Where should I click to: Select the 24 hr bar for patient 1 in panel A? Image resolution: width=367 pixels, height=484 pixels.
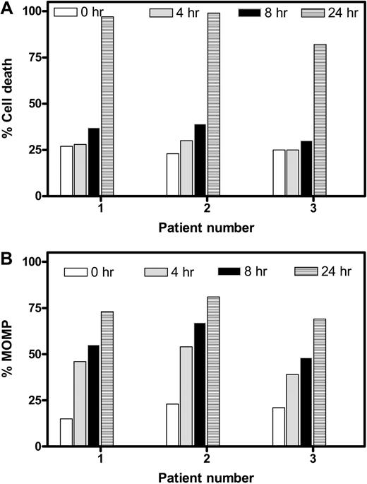[x=107, y=106]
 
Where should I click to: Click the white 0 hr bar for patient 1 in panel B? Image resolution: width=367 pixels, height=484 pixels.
[x=66, y=432]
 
